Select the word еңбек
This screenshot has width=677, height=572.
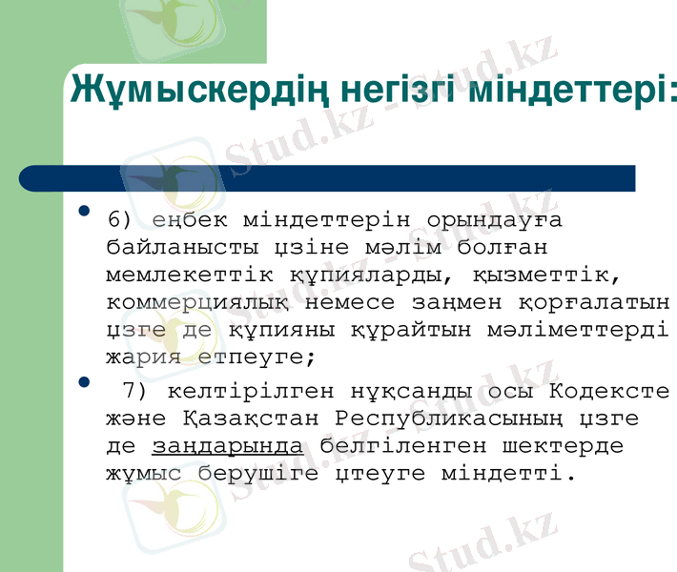tap(188, 221)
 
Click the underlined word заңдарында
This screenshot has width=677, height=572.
tap(229, 446)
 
